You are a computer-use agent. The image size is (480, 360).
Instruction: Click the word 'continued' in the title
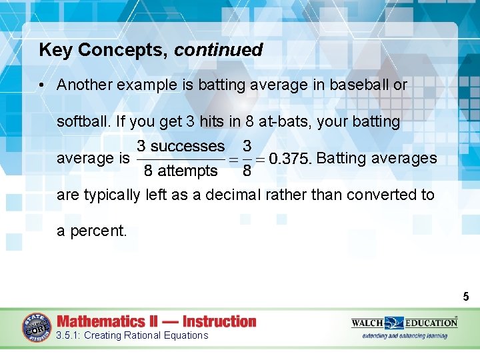point(219,50)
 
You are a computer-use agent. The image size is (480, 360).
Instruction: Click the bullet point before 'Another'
point(41,85)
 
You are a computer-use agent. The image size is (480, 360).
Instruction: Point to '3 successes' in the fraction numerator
point(181,146)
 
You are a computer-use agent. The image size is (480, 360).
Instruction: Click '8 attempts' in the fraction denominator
point(181,171)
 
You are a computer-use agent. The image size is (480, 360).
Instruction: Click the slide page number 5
point(466,296)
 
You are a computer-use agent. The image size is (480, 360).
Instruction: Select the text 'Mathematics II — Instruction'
point(156,321)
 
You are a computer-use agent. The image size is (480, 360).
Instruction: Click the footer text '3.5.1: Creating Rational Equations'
point(132,335)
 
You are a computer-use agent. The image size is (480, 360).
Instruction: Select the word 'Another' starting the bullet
point(83,85)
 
